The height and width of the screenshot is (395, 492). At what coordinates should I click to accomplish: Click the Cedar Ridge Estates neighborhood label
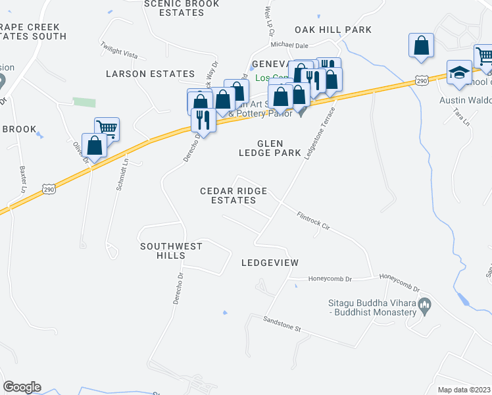[234, 196]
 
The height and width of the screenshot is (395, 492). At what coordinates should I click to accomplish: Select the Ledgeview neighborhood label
[270, 263]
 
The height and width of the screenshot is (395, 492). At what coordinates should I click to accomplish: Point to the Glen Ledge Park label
[269, 147]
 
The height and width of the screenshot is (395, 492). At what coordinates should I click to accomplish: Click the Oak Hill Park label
[333, 30]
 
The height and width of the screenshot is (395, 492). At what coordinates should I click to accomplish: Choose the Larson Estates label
[151, 74]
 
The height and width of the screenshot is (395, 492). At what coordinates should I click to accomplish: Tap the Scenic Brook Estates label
[181, 8]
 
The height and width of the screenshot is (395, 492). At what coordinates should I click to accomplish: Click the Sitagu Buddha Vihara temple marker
[425, 303]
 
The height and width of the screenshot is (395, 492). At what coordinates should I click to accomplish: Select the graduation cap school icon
[459, 73]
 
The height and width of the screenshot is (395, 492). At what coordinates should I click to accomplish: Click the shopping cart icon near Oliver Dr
[107, 128]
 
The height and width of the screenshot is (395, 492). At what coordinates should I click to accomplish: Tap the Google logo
[22, 387]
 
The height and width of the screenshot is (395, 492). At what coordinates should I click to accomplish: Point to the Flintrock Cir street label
[312, 219]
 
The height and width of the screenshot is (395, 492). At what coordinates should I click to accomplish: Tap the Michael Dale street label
[290, 45]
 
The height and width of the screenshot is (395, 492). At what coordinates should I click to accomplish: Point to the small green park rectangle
[84, 101]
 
